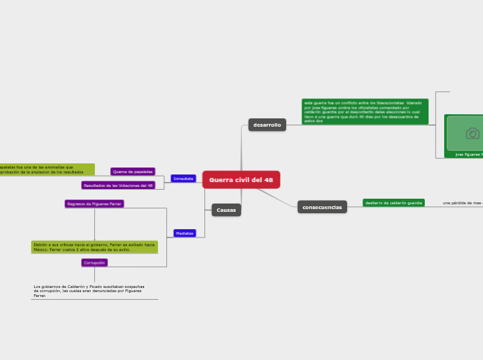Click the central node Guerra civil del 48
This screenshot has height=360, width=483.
pyautogui.click(x=241, y=180)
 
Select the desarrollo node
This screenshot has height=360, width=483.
pyautogui.click(x=267, y=125)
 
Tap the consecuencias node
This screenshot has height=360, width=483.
pyautogui.click(x=322, y=207)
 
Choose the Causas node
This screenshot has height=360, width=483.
pyautogui.click(x=226, y=210)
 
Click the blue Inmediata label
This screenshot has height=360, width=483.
pyautogui.click(x=183, y=179)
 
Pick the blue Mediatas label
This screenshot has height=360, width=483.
pyautogui.click(x=184, y=233)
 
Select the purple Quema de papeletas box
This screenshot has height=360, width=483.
pyautogui.click(x=132, y=171)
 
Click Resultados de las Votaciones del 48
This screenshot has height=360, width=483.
pyautogui.click(x=118, y=186)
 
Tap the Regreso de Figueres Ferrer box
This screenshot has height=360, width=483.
pyautogui.click(x=94, y=204)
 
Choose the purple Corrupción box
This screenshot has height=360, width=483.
pyautogui.click(x=94, y=262)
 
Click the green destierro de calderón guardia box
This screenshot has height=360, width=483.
pyautogui.click(x=394, y=203)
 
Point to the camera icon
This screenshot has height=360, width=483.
pyautogui.click(x=473, y=133)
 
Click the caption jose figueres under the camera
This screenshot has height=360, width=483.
pyautogui.click(x=468, y=154)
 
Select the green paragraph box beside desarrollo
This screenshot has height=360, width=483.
pyautogui.click(x=365, y=111)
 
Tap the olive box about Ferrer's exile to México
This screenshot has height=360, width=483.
pyautogui.click(x=94, y=246)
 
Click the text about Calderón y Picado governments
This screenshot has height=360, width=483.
pyautogui.click(x=89, y=290)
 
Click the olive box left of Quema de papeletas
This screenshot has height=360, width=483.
pyautogui.click(x=46, y=169)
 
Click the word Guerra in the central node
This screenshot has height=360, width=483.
pyautogui.click(x=222, y=180)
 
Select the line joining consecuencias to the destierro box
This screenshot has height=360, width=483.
pyautogui.click(x=354, y=206)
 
